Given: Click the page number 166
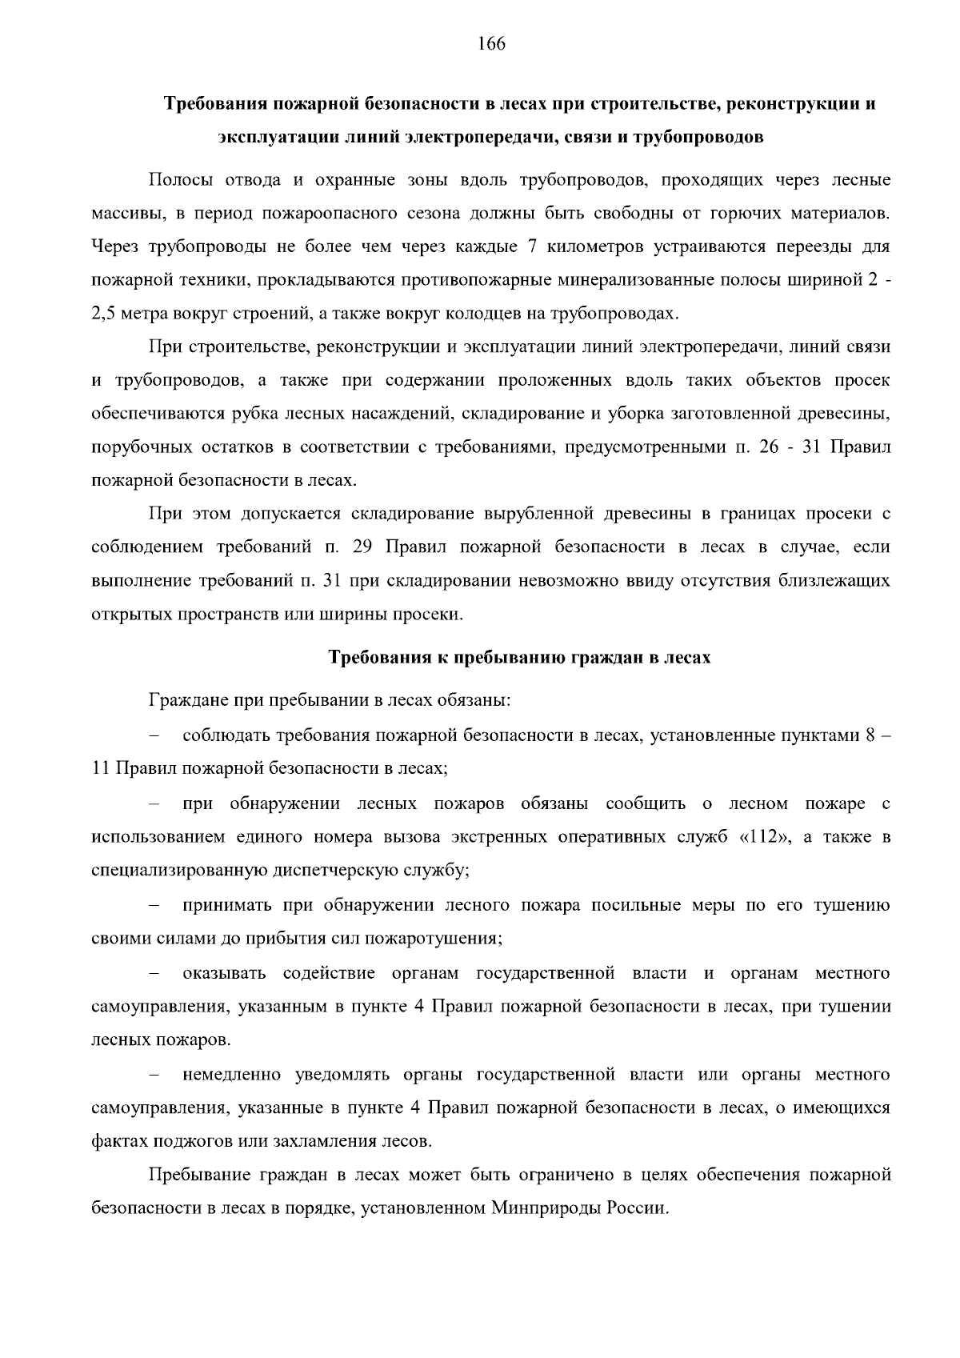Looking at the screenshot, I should point(492,44).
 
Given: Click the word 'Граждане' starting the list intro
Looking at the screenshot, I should point(188,701).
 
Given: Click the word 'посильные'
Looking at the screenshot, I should point(630,905).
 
